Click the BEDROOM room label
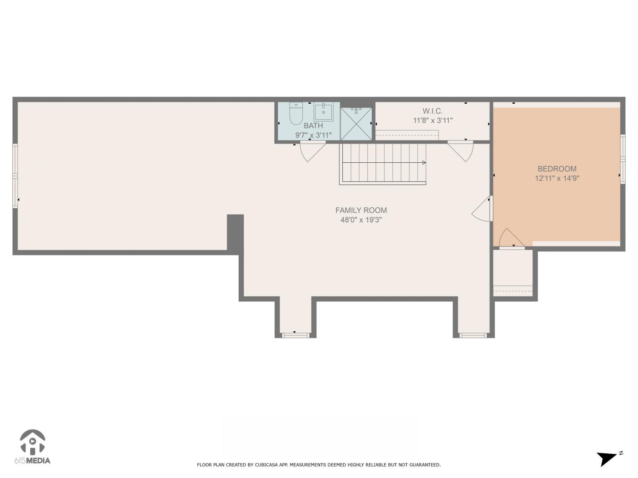[x=557, y=169]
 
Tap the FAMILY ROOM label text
[x=361, y=210]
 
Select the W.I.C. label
[x=433, y=111]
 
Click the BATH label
[x=313, y=126]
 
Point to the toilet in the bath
[x=296, y=113]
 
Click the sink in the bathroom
[x=323, y=112]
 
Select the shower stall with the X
[x=356, y=124]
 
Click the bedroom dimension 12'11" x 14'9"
[x=557, y=178]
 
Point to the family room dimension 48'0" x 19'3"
[x=361, y=220]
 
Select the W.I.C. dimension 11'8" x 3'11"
[x=433, y=120]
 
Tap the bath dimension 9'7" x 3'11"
[x=313, y=135]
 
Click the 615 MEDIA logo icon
[x=33, y=442]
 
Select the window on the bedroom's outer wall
[x=623, y=159]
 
